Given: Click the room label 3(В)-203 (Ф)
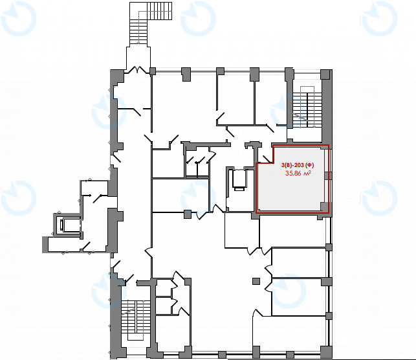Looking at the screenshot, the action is tap(298, 165).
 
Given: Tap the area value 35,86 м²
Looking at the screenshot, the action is tap(298, 174).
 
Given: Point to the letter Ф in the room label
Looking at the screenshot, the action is tap(309, 165).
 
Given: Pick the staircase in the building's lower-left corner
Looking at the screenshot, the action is tap(136, 320).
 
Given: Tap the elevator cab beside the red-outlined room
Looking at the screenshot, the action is tap(239, 180).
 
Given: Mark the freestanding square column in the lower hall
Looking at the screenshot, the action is tap(256, 281).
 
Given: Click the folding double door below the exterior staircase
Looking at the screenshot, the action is tap(137, 70).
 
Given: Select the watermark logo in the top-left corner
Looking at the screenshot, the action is tap(19, 19).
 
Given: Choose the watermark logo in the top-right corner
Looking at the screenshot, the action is tap(379, 19).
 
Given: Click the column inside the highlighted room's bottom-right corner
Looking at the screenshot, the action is tap(324, 207).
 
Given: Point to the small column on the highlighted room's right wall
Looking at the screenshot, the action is tap(328, 175).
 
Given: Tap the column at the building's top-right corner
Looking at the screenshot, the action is tap(325, 74).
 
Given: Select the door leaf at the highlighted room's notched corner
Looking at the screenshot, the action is tap(266, 158).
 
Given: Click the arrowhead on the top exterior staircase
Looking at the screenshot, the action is tap(138, 42).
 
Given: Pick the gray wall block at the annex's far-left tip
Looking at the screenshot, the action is tap(45, 244).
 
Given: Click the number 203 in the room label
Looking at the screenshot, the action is tap(301, 165).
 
